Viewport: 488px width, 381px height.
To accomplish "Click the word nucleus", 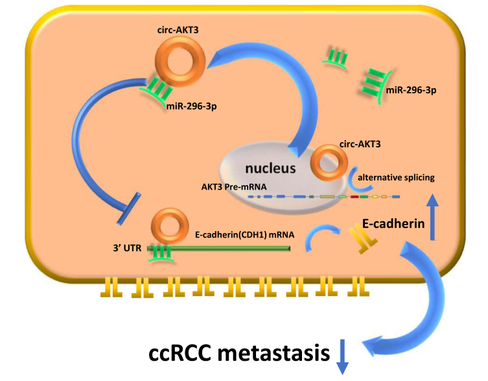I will (x=272, y=168).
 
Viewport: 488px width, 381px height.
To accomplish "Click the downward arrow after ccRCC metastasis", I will (x=341, y=356).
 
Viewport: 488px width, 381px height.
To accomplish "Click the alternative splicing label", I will (x=396, y=177).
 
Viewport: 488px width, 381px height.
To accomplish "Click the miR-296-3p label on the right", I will (x=411, y=90).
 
